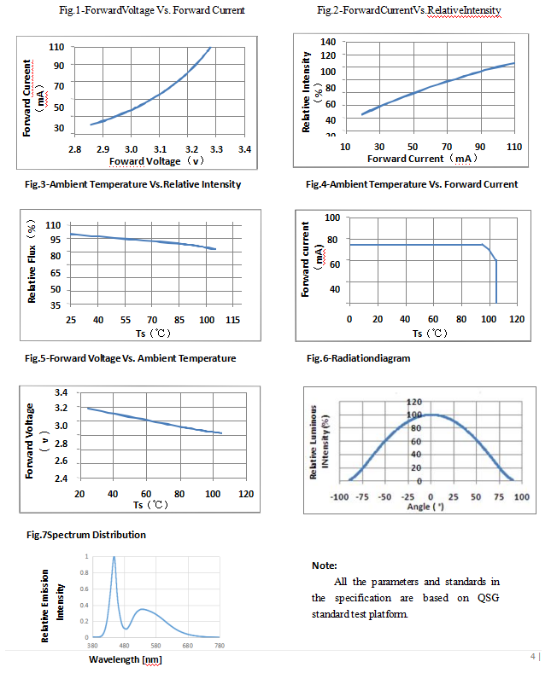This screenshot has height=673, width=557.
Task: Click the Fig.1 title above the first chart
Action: [x=151, y=10]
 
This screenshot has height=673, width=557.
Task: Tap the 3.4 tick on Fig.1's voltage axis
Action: [x=244, y=149]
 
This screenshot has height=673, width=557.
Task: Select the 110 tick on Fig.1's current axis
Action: [x=57, y=46]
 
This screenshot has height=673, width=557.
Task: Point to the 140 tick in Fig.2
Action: [x=328, y=42]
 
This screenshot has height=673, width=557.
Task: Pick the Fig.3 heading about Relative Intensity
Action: [x=133, y=184]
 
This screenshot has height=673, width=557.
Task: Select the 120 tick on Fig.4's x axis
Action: [x=515, y=319]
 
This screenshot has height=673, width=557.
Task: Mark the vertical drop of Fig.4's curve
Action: [x=496, y=281]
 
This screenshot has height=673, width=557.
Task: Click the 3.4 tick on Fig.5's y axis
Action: [x=61, y=392]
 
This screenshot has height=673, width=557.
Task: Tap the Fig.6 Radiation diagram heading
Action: [x=358, y=358]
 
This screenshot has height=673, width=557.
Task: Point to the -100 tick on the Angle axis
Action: [x=339, y=496]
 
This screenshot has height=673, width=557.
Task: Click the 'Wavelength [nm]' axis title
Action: [x=125, y=659]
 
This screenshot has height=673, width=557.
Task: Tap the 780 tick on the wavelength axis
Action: [x=220, y=647]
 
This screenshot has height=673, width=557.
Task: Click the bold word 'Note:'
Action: [x=325, y=566]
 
